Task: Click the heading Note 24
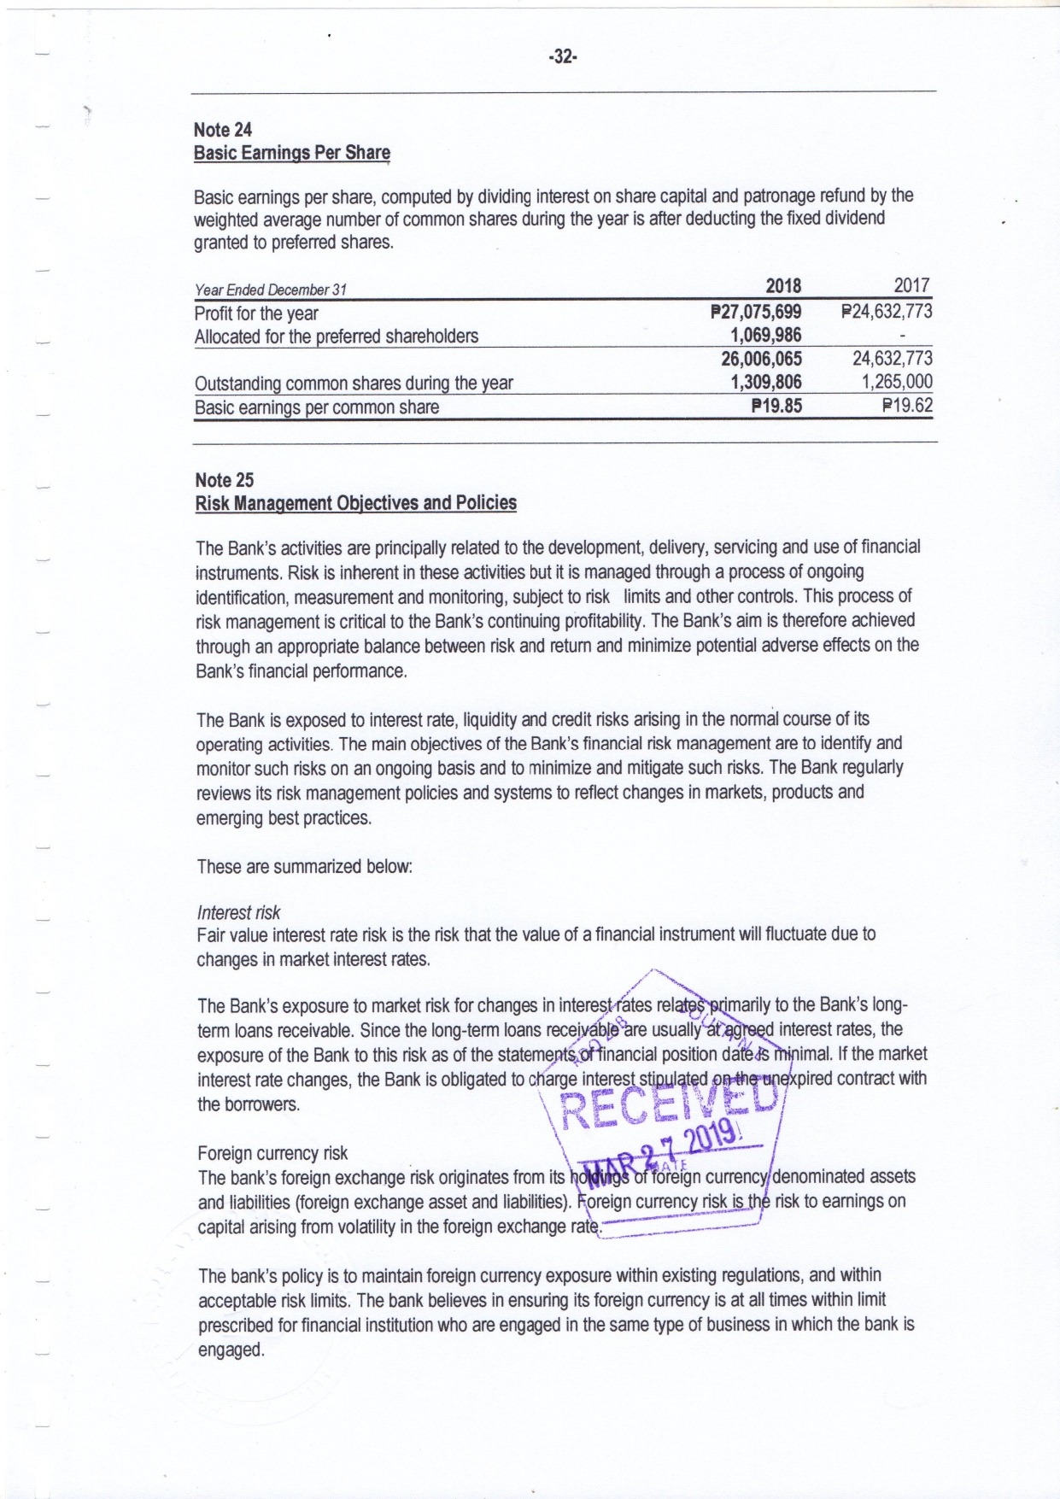pos(223,130)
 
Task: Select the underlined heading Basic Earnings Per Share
pos(291,153)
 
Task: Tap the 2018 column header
pos(782,286)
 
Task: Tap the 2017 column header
pos(911,285)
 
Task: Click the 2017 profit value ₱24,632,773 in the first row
pos(887,312)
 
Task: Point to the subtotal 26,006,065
pos(761,359)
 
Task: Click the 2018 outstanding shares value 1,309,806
pos(765,382)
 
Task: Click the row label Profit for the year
pos(256,313)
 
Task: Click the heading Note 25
pos(225,480)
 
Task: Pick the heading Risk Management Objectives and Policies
pos(356,503)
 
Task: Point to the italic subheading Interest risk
pos(238,912)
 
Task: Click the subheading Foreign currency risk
pos(272,1153)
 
